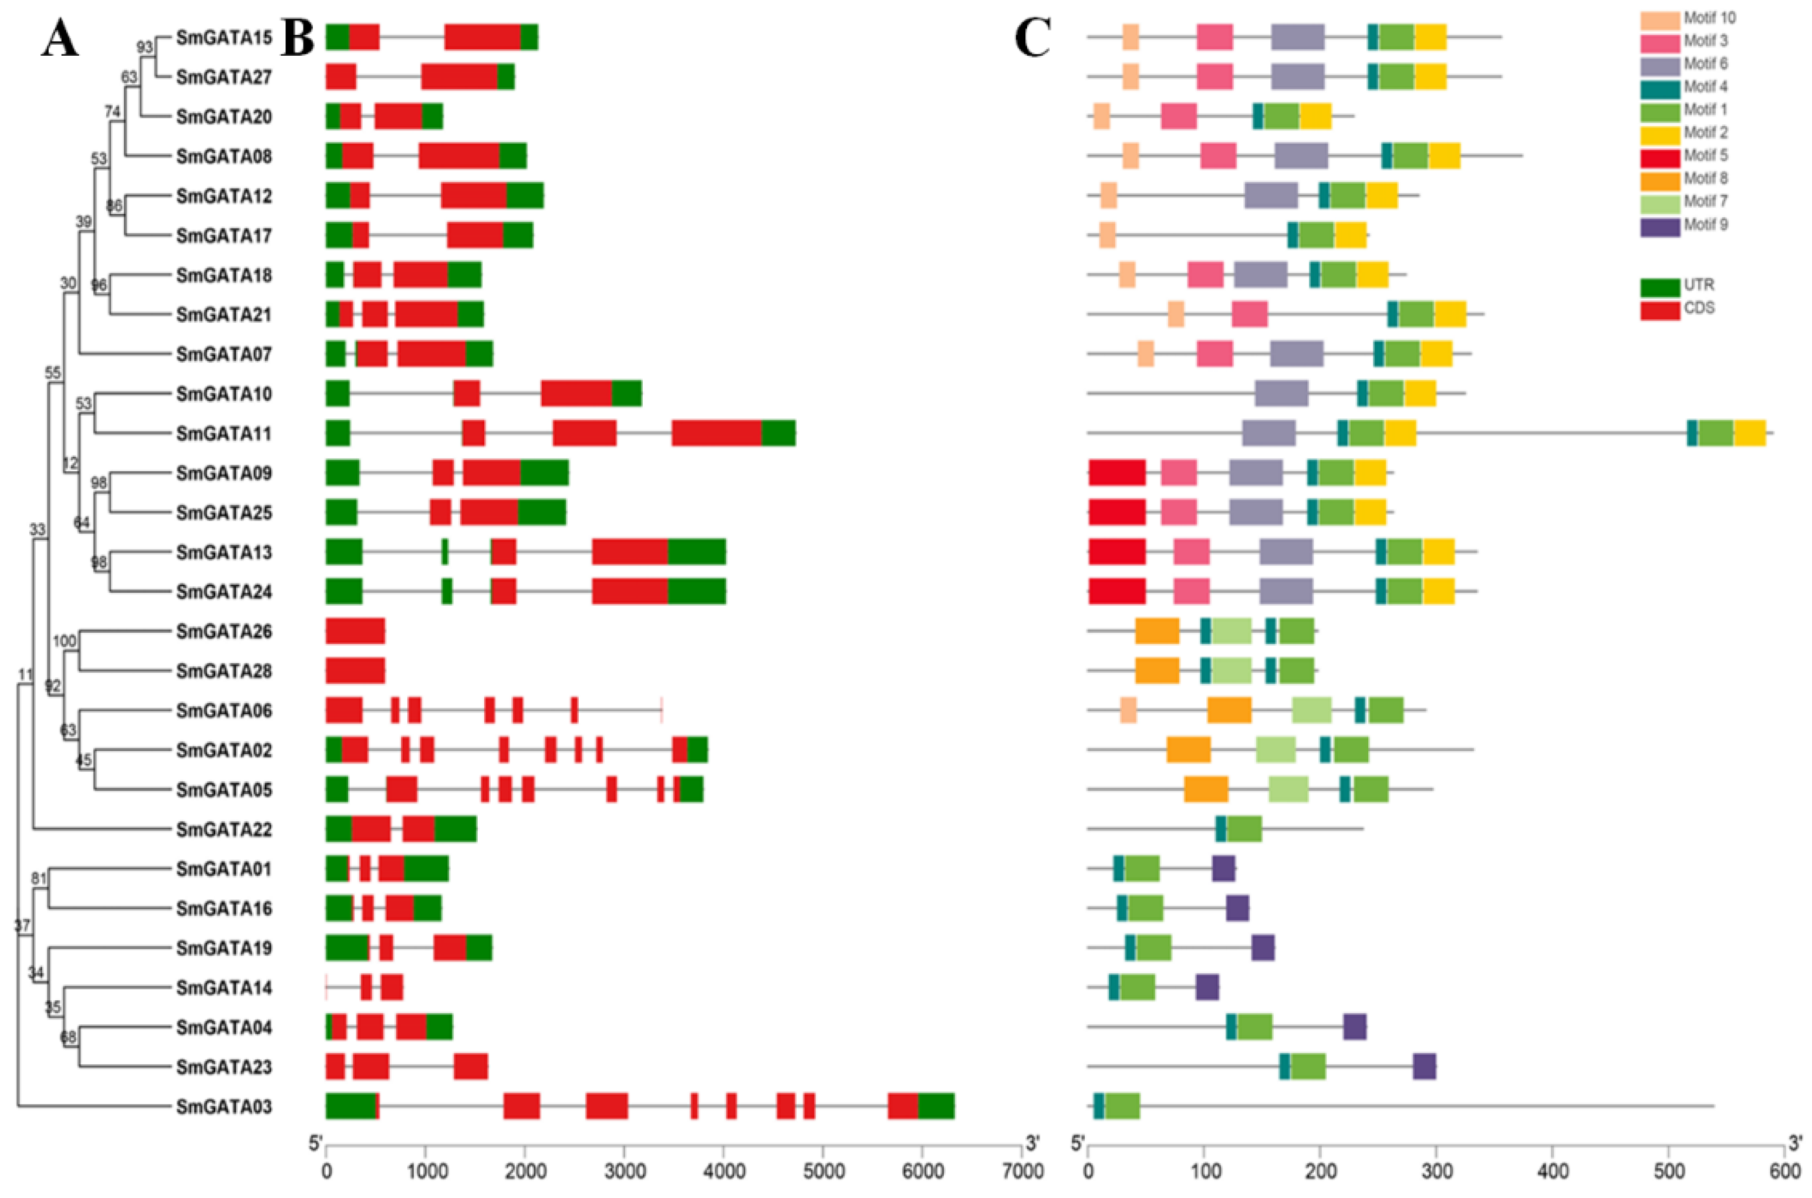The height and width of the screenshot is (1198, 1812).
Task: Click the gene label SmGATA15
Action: (223, 38)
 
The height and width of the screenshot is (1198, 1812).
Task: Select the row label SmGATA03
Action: (223, 1106)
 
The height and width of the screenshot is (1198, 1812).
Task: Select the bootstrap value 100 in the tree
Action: (64, 641)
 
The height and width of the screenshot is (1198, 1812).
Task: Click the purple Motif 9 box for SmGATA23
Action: (1424, 1067)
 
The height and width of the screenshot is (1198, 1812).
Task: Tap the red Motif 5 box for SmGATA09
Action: (1117, 473)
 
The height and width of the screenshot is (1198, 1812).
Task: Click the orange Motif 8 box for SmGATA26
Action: (1156, 631)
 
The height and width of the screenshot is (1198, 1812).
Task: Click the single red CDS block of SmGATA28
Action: (355, 671)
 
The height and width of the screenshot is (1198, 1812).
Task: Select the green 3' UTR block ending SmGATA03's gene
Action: (936, 1106)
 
